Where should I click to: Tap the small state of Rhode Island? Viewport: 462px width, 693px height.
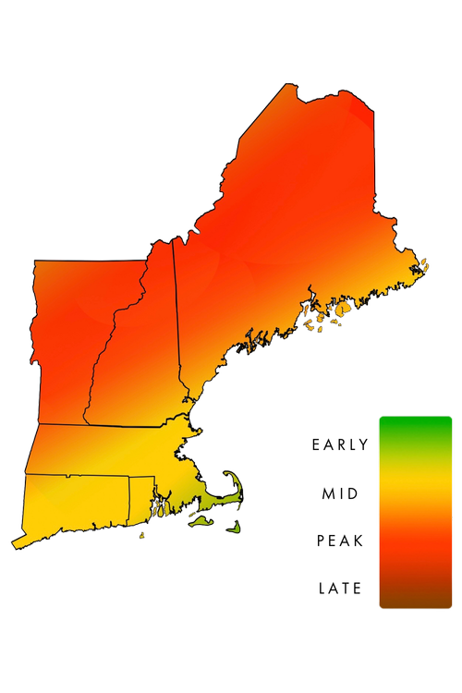pyautogui.click(x=141, y=494)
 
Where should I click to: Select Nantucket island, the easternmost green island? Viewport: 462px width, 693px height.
pyautogui.click(x=235, y=527)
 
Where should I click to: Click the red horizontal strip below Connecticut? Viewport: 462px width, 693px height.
pyautogui.click(x=97, y=538)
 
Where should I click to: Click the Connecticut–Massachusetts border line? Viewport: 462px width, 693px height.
pyautogui.click(x=79, y=475)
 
